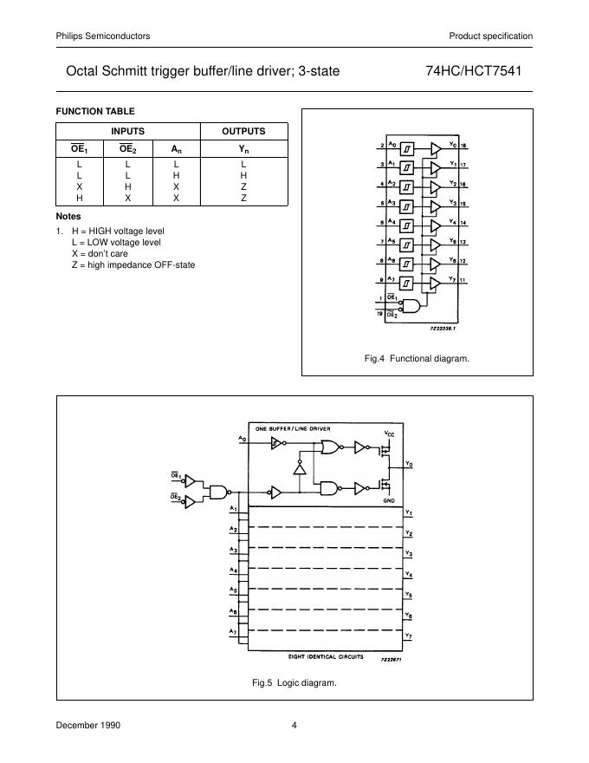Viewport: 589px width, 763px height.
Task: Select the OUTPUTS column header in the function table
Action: [243, 131]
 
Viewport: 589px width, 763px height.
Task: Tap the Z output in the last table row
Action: [243, 198]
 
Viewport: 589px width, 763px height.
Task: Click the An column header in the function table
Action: [175, 149]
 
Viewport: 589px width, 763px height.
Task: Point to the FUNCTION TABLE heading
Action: [95, 111]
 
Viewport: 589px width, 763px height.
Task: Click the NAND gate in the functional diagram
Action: [417, 306]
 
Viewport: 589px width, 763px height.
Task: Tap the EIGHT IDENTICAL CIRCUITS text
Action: [327, 656]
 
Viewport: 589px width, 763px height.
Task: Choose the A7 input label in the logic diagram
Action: [233, 630]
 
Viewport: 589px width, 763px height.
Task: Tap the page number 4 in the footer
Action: [294, 726]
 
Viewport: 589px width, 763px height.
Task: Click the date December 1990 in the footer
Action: [87, 726]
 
